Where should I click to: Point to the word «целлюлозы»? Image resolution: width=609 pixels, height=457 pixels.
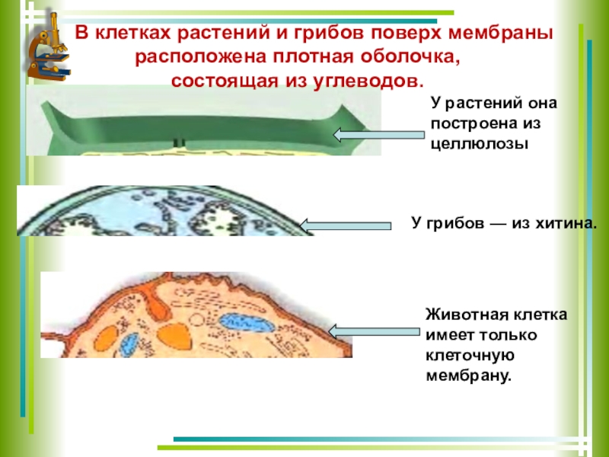(x=478, y=142)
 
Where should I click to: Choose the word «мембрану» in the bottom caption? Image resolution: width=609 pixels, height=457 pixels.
(x=467, y=376)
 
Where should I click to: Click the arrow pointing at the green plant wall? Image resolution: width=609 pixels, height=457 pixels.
(x=378, y=136)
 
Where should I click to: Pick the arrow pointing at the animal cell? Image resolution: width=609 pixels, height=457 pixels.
(x=374, y=331)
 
